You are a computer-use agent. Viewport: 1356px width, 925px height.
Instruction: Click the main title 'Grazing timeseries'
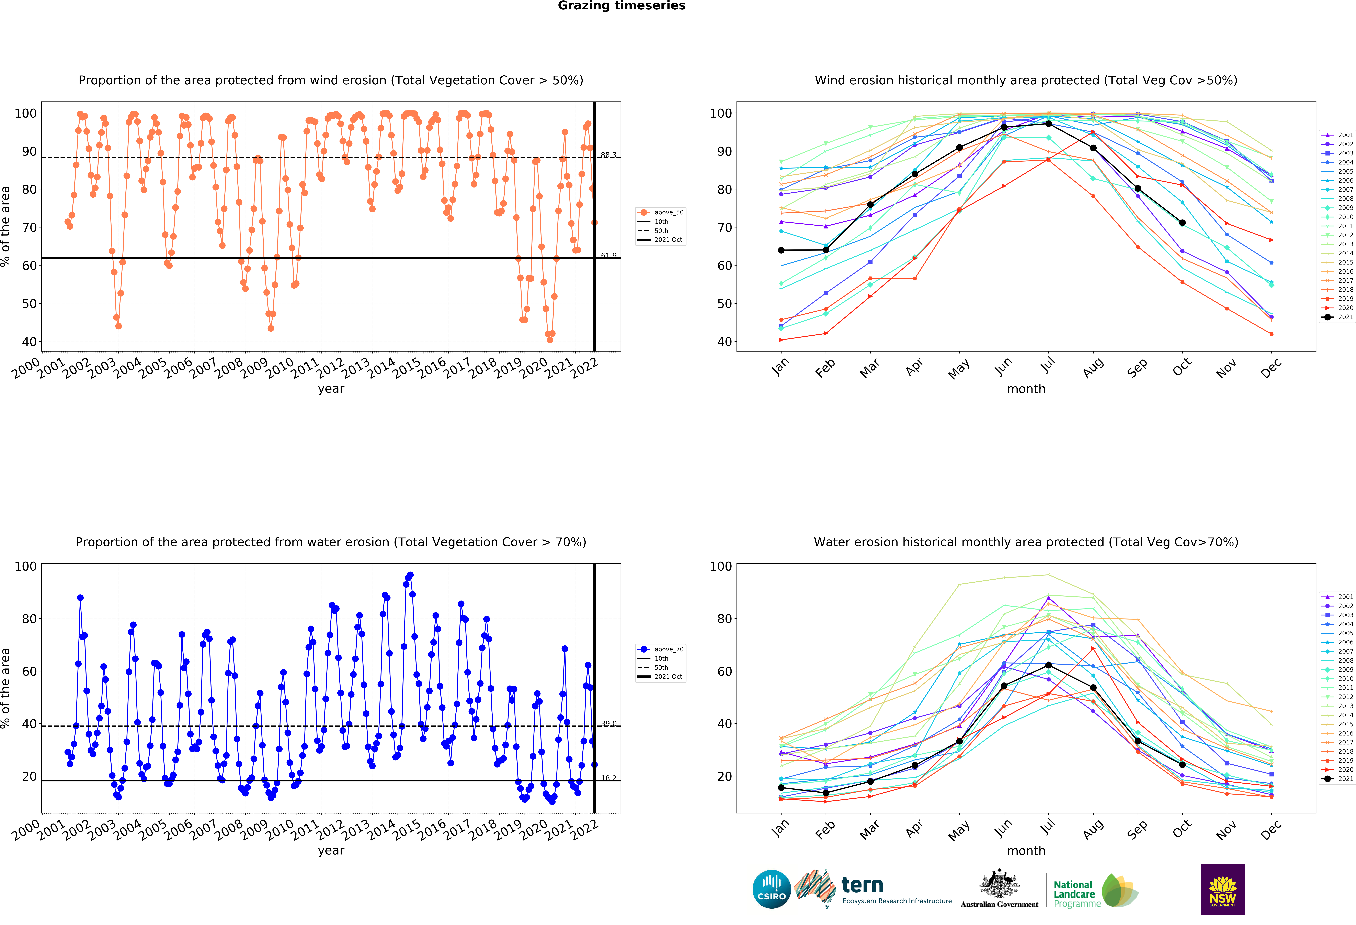[621, 6]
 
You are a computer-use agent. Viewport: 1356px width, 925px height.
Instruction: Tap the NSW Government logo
[1222, 889]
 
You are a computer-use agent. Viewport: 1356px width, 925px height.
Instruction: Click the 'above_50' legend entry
[661, 213]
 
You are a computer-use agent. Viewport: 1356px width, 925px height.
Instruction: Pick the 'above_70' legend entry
[661, 649]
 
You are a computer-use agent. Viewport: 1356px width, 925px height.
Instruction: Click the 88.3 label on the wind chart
[609, 155]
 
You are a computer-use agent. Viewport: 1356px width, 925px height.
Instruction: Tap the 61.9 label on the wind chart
[609, 255]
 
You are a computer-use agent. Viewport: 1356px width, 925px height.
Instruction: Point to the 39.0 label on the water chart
[609, 723]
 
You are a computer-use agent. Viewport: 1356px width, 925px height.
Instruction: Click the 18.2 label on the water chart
[609, 778]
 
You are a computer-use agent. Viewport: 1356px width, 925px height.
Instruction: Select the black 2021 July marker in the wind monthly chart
[1049, 124]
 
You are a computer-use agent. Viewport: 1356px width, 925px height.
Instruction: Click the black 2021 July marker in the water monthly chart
[1049, 665]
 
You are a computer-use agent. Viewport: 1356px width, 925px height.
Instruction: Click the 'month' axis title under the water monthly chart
[1026, 851]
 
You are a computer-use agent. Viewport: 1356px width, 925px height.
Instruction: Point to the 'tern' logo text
[862, 885]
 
